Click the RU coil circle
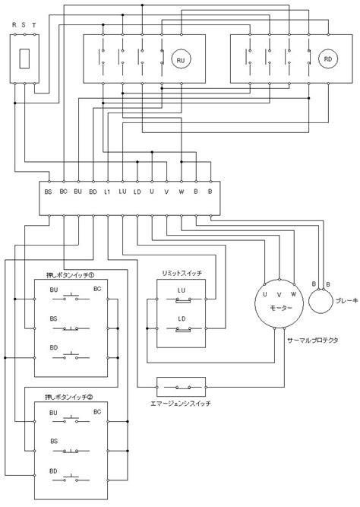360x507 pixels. [181, 59]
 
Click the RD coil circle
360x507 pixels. [328, 59]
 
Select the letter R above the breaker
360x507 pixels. [14, 25]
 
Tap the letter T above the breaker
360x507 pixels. [34, 25]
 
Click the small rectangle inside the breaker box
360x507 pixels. [24, 59]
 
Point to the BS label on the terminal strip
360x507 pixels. [48, 192]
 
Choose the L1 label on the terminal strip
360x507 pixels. [107, 192]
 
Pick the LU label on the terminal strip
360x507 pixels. [122, 192]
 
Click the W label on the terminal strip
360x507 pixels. [182, 192]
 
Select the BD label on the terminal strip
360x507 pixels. [93, 192]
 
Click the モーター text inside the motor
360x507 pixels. [281, 308]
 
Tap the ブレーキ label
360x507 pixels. [347, 301]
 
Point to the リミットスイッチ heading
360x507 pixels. [182, 273]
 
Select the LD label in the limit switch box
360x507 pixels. [182, 318]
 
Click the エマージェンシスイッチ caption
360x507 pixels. [181, 403]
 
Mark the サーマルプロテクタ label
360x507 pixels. [313, 341]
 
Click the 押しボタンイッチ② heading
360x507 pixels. [69, 397]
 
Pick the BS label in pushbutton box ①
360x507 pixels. [54, 318]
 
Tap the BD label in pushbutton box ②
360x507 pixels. [53, 471]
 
